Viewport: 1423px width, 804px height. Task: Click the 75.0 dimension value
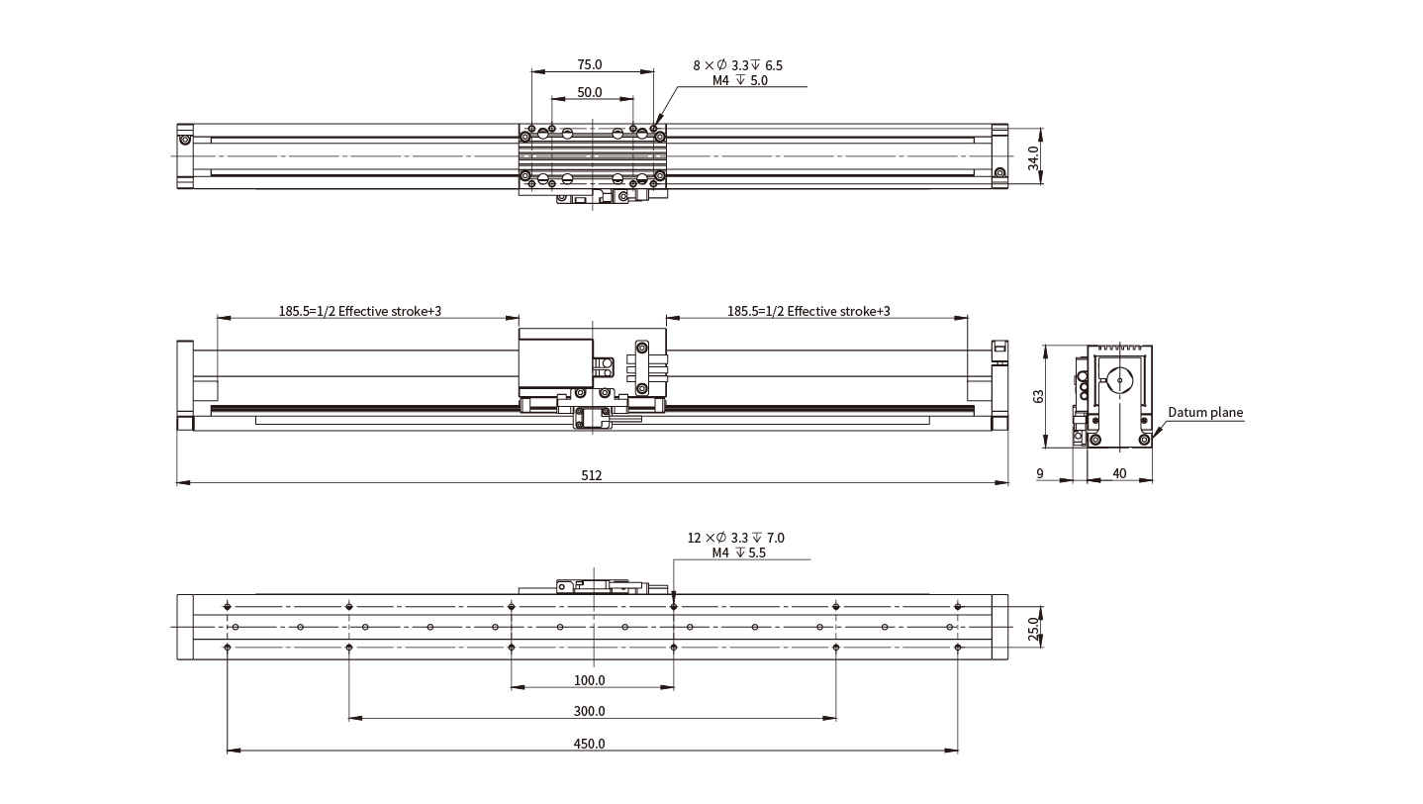pos(589,64)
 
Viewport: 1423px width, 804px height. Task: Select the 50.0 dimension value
pos(589,92)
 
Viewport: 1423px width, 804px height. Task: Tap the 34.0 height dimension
pos(1033,157)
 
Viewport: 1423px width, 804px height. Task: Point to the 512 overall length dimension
pos(591,475)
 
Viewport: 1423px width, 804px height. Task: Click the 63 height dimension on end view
pos(1038,396)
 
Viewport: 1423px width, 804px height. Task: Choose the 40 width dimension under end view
pos(1119,473)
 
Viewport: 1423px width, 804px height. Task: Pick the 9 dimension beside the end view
pos(1040,473)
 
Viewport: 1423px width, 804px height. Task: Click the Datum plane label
pos(1205,413)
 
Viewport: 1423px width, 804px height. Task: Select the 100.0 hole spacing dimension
pos(589,680)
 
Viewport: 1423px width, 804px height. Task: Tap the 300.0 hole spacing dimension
pos(589,711)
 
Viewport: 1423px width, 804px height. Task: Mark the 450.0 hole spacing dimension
pos(589,744)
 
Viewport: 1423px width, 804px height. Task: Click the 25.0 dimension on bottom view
pos(1033,628)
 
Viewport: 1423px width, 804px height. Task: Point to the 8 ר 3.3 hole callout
pos(737,65)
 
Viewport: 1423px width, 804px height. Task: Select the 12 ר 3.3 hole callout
pos(735,538)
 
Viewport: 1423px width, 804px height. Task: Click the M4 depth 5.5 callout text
pos(739,553)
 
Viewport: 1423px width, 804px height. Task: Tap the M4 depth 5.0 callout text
pos(739,81)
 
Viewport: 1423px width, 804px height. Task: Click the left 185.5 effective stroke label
pos(359,312)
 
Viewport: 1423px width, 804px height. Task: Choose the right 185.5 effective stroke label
pos(808,312)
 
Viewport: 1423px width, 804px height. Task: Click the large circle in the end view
pos(1119,381)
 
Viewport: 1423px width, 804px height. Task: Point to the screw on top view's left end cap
pos(185,140)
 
